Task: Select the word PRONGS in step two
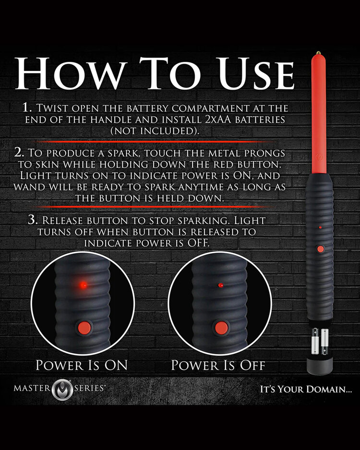pos(267,154)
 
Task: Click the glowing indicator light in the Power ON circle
pos(84,284)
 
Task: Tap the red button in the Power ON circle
pos(84,328)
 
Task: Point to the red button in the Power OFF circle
pos(221,328)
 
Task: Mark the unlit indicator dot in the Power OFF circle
pos(220,285)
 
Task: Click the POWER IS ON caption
pos(82,365)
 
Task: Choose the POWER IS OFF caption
pos(218,365)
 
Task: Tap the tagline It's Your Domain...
pos(306,389)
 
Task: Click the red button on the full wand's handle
pos(319,249)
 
